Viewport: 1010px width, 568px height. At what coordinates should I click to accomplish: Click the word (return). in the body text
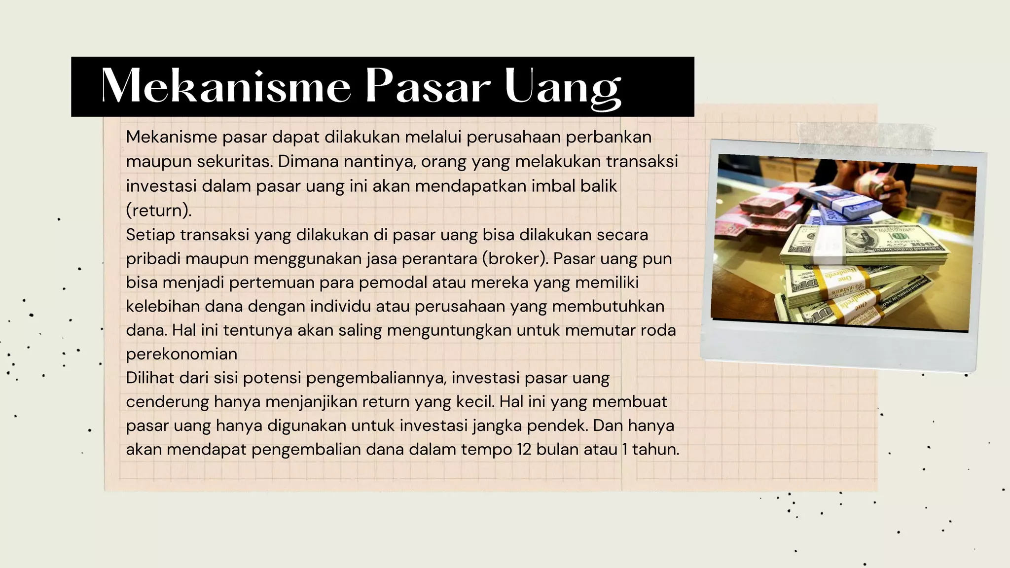(x=158, y=211)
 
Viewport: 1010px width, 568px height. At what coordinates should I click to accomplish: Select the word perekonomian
(x=181, y=354)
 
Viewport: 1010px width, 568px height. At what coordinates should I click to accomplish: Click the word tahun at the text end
(x=654, y=450)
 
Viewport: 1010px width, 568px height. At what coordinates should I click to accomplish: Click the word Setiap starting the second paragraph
(x=150, y=235)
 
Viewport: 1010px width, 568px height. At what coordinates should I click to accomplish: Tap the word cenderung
(x=167, y=402)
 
